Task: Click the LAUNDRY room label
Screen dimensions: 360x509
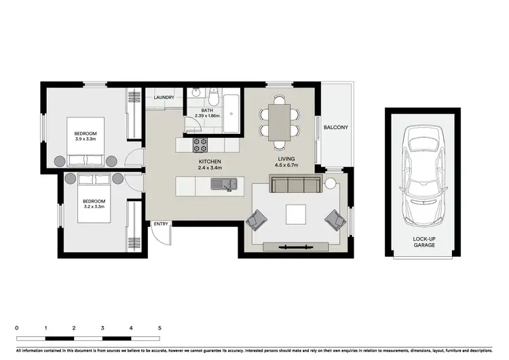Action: point(164,98)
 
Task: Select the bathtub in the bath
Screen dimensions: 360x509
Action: point(231,112)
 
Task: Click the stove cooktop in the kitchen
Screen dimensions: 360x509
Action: point(201,144)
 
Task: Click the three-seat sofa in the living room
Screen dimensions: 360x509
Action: point(296,184)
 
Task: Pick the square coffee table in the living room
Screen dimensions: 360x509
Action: point(296,215)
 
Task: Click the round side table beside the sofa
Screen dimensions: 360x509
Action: point(331,183)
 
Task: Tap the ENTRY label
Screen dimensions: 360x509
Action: point(161,224)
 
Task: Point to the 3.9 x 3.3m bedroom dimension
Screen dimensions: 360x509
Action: point(86,139)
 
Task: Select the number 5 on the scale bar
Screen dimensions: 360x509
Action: point(159,327)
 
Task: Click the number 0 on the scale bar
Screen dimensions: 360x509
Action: point(16,327)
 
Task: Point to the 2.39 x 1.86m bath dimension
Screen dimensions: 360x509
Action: point(208,115)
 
